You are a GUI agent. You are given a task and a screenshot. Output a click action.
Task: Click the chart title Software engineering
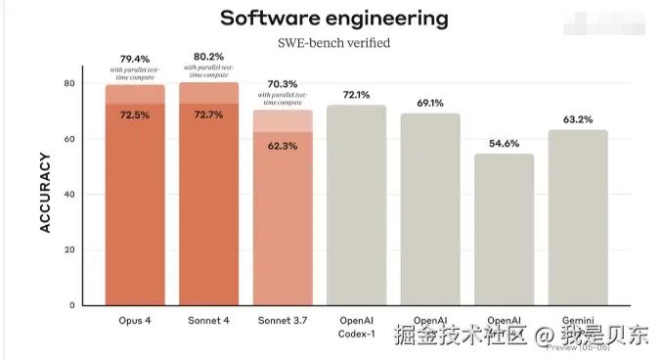333,18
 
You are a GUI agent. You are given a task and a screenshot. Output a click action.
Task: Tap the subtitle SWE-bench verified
333,43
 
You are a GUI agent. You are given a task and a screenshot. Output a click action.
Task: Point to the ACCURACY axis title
44,192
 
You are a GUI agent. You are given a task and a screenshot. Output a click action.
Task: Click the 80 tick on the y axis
68,84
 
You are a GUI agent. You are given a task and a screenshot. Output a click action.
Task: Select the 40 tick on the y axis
68,195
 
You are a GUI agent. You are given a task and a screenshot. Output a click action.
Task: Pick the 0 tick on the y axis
71,305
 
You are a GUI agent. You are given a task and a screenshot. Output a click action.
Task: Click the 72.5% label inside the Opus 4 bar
135,115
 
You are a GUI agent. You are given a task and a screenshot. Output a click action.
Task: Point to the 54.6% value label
505,143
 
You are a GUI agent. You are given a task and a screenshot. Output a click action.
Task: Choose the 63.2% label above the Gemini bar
578,119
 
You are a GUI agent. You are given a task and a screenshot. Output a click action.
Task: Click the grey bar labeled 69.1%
430,210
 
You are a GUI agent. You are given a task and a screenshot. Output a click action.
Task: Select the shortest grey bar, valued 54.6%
505,230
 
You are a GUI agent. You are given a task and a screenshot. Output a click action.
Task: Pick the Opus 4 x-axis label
135,320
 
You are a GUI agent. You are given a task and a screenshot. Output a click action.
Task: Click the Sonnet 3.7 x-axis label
284,320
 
